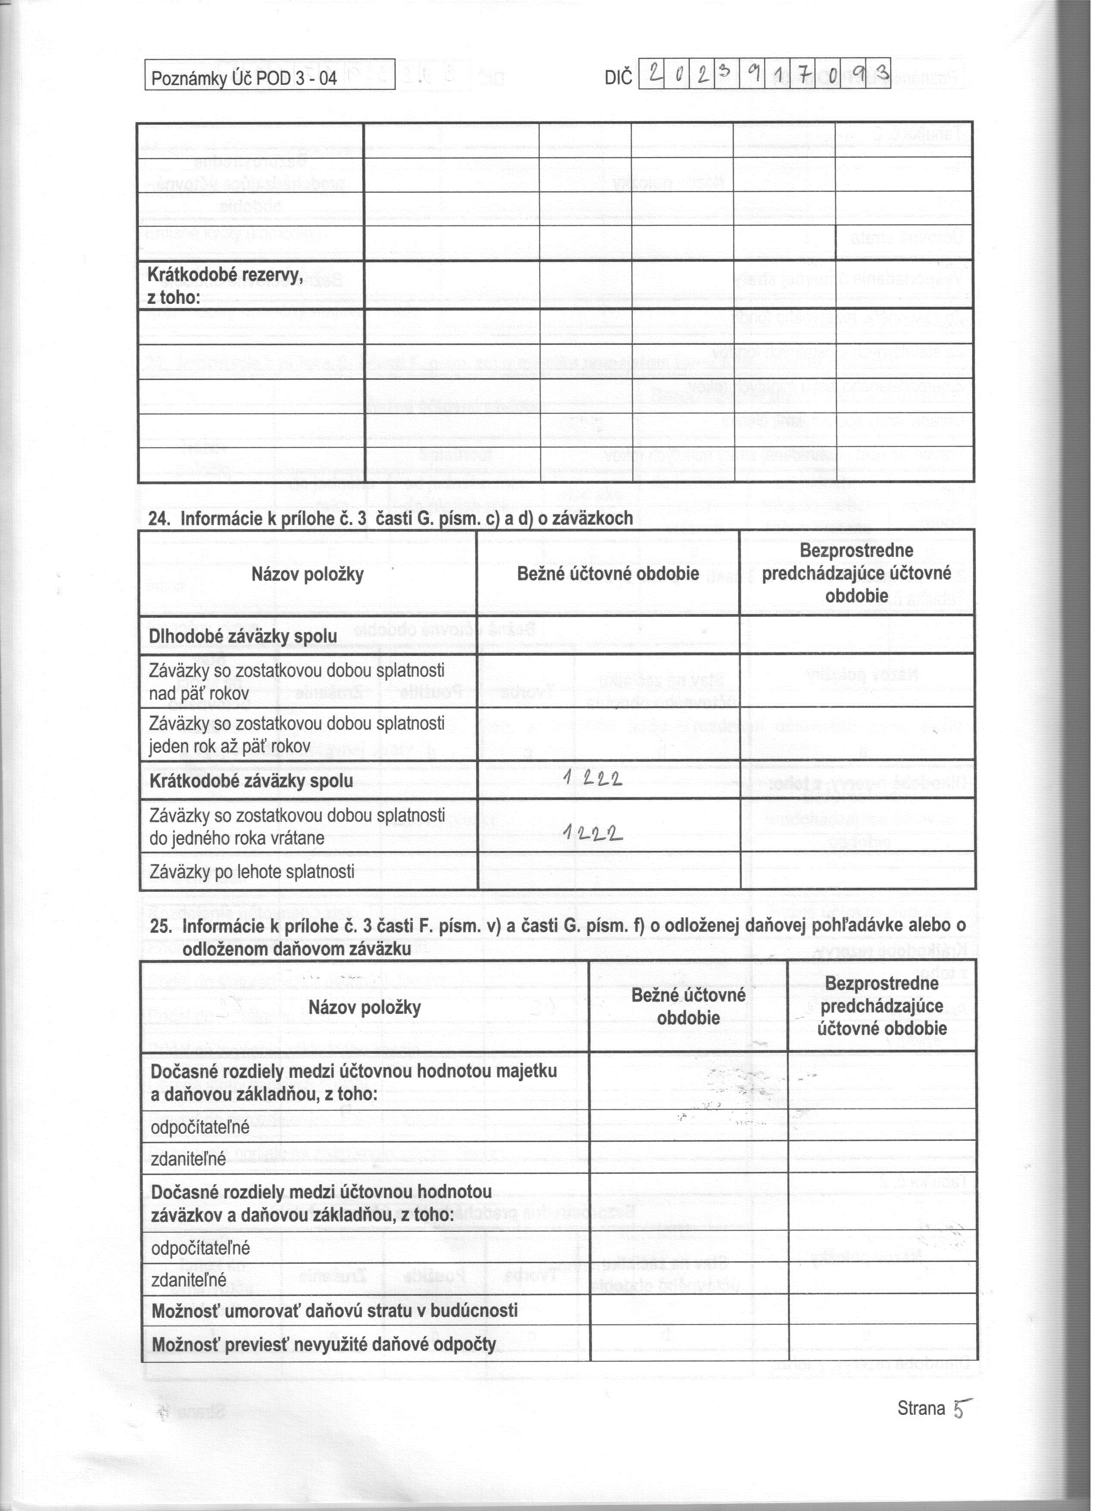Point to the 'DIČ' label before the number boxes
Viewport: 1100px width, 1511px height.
coord(617,78)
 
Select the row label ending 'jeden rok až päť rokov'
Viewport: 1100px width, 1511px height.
coord(297,734)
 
